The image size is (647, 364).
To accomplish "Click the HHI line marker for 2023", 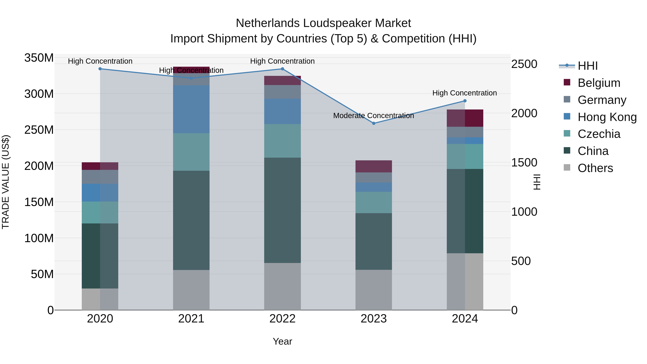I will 373,123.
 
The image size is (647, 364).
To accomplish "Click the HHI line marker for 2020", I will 100,69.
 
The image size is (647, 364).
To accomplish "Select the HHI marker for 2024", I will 465,101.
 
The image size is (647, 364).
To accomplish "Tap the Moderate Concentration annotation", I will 373,116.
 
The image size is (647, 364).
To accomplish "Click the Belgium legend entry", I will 599,83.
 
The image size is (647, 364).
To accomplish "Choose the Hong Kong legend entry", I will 607,117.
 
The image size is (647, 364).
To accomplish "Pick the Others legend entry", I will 595,168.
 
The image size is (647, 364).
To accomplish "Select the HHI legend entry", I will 588,66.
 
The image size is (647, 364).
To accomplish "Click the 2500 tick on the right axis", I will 524,64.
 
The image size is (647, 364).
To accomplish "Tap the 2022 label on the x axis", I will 282,319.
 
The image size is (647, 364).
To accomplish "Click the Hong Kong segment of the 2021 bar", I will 191,109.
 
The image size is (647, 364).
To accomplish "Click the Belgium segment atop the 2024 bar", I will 465,118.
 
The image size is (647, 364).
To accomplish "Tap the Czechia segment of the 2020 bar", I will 100,212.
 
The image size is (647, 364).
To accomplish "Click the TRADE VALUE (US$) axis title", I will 6,182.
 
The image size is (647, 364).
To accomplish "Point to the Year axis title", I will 282,341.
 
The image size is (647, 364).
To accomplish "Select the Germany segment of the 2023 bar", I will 373,177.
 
